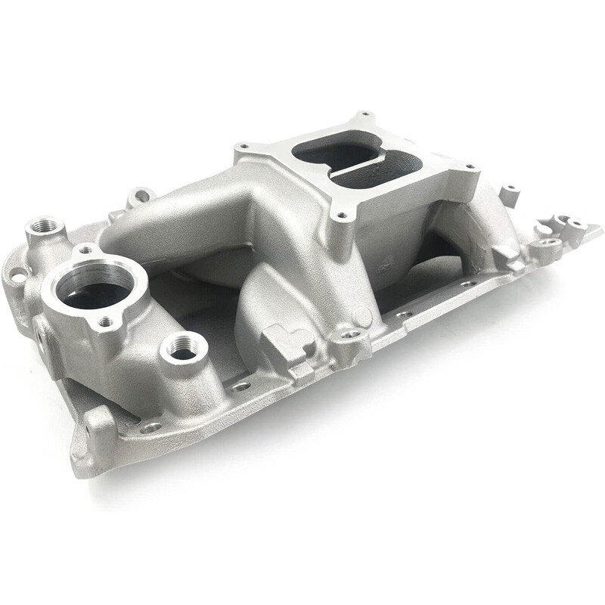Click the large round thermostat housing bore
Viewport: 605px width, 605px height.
point(94,287)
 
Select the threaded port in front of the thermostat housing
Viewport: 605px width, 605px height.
point(183,349)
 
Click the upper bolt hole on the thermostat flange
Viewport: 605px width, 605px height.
point(88,250)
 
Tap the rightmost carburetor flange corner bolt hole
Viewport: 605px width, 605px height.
point(470,167)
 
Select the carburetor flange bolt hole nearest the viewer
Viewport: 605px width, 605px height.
point(341,216)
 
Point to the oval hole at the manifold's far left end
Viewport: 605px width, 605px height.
point(17,277)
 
